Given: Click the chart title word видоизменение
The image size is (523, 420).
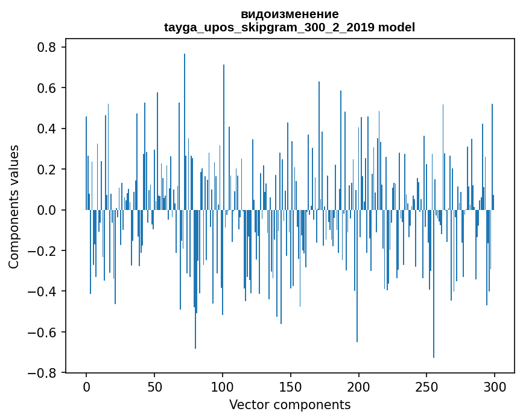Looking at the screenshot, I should tap(290, 14).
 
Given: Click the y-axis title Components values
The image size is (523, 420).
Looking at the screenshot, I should tap(14, 207).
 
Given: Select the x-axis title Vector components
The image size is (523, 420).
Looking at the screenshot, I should tap(290, 404).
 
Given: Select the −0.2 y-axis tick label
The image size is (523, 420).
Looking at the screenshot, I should tap(43, 251).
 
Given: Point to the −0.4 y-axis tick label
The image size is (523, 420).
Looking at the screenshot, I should tap(43, 291).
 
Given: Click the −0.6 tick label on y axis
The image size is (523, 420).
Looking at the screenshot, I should tap(43, 332).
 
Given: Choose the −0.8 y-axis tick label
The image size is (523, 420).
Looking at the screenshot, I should tap(43, 373).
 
